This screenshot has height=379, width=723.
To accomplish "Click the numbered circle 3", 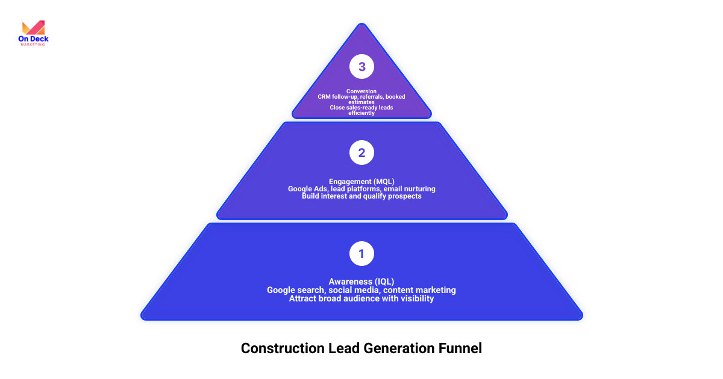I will click(361, 67).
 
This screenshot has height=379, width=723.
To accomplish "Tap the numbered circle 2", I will click(361, 153).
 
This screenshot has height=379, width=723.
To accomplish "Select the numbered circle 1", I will click(361, 254).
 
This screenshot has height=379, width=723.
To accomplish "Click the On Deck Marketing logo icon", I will click(33, 28).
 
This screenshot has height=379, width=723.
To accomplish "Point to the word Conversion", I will click(361, 91).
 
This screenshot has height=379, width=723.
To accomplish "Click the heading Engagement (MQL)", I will click(361, 181).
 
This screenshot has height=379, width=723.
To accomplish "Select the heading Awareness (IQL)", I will click(361, 282).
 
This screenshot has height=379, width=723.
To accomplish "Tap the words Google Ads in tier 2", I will click(308, 189).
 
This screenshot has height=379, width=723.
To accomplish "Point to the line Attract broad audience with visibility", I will click(361, 298).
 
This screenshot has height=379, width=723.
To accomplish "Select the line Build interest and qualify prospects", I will click(361, 197).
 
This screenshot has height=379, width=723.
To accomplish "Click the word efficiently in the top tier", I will click(361, 113).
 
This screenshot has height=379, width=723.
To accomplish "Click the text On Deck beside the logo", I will click(34, 40).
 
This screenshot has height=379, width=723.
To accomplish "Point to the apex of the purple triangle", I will click(361, 25).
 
